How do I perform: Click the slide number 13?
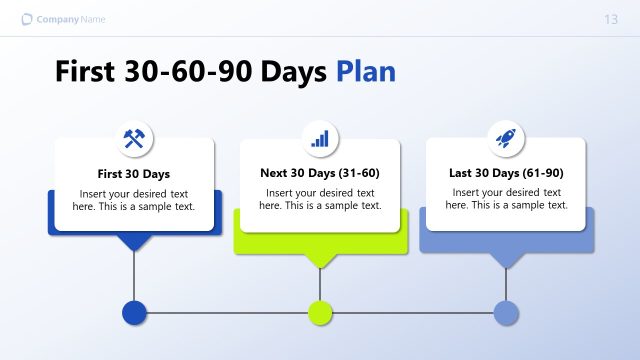611,20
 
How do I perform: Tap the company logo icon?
26,20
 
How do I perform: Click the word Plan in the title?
365,72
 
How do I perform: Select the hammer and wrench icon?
134,139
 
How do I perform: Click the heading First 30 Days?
134,174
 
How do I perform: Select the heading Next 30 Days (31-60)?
320,173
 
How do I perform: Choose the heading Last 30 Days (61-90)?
506,173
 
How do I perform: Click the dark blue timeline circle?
134,313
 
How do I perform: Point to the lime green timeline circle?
320,313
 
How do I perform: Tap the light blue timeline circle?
507,313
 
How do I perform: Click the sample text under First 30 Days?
134,200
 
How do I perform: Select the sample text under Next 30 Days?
320,199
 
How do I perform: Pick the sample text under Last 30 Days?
506,199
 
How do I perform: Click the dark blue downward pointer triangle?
134,242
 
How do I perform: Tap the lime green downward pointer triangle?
320,260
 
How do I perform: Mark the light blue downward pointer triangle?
507,260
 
